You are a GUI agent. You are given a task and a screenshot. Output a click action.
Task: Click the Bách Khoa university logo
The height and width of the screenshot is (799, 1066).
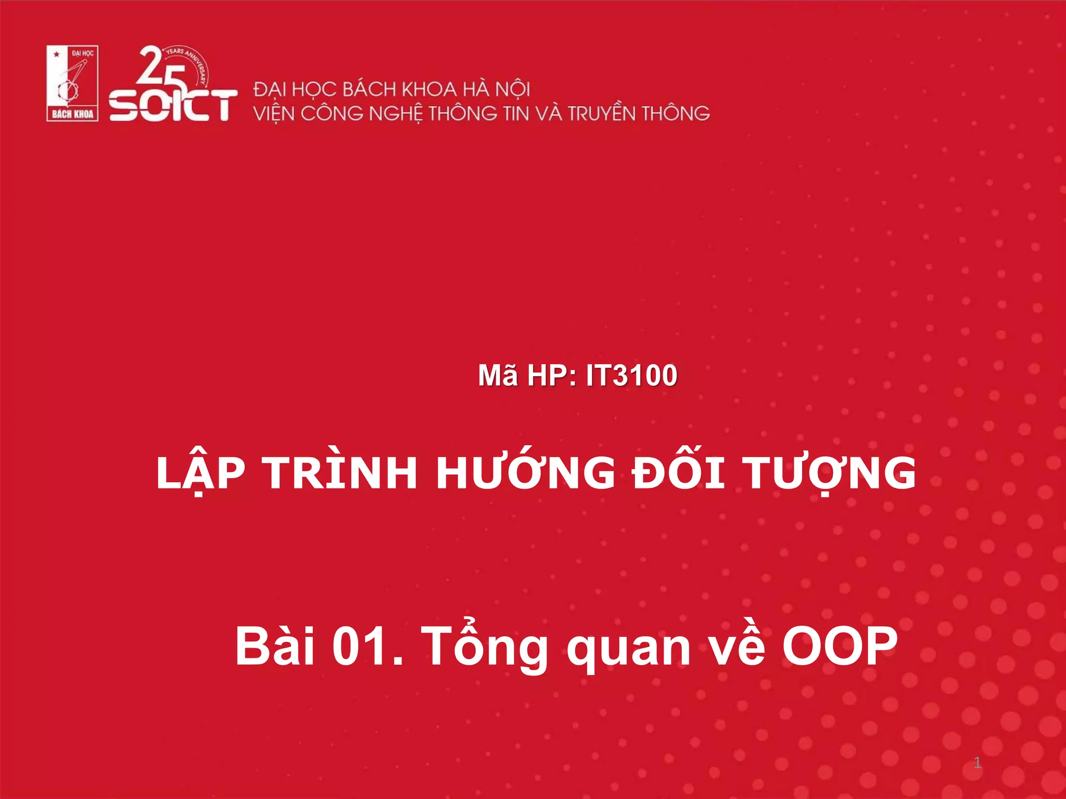pos(72,83)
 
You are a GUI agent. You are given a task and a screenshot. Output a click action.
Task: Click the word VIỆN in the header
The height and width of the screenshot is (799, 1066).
pos(274,113)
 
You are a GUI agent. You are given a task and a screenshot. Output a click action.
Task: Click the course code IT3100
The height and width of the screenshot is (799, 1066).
pos(631,375)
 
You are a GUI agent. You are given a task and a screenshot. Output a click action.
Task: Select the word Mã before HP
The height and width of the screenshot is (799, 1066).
pos(498,375)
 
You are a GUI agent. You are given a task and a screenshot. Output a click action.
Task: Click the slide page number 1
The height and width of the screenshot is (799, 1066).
pos(977,763)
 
